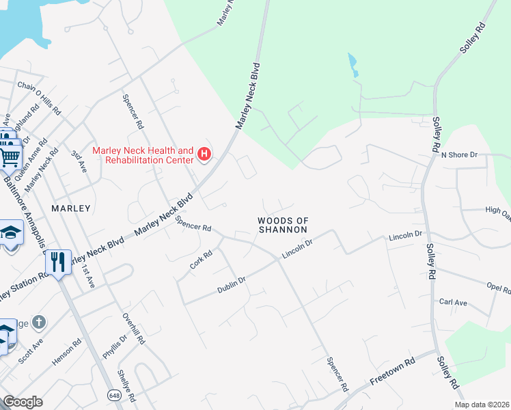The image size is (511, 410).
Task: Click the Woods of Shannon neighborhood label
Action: tap(283, 225)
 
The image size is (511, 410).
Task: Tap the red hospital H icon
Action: tap(204, 155)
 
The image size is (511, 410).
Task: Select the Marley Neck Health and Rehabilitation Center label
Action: tap(143, 155)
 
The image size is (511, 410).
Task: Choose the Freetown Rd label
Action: tap(393, 372)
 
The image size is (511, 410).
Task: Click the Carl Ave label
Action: tap(453, 301)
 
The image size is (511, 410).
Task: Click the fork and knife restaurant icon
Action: tap(58, 261)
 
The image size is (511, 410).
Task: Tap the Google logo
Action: tap(23, 401)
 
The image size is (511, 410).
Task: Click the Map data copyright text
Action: tap(481, 405)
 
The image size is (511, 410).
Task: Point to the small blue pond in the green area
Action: tap(352, 65)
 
